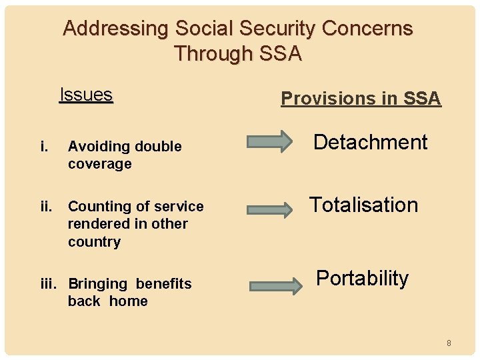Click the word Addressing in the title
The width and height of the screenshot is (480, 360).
click(116, 29)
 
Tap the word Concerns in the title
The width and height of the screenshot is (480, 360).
click(367, 29)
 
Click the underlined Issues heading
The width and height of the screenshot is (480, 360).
click(86, 95)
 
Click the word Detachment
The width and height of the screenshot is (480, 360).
click(370, 142)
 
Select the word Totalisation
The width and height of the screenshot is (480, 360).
click(363, 205)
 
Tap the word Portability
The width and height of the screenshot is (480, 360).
click(362, 278)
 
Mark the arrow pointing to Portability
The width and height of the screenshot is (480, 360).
click(275, 286)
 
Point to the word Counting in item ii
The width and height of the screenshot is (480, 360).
click(97, 207)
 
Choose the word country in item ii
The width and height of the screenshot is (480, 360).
click(94, 242)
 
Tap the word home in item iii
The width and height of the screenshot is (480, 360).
click(128, 301)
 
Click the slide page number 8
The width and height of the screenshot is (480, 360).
click(449, 343)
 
